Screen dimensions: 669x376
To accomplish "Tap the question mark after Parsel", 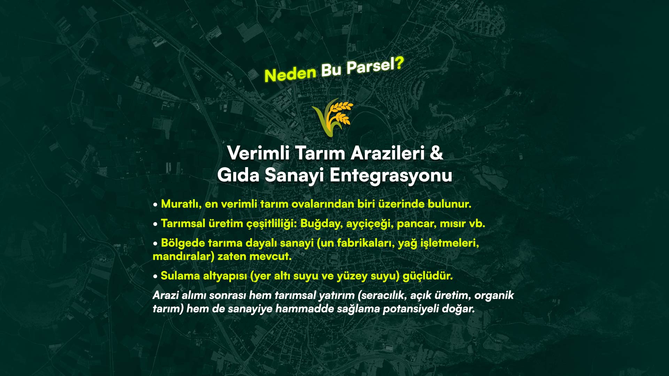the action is coord(399,63).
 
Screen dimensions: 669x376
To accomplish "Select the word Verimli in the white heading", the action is coord(258,153).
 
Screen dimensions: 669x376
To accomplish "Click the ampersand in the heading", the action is coord(436,153).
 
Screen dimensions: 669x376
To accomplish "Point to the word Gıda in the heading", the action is coord(238,175).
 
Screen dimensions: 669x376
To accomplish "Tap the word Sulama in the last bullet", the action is coord(180,276).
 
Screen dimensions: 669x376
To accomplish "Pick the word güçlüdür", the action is coord(428,276).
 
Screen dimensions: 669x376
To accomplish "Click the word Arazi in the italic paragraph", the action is coord(166,295).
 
